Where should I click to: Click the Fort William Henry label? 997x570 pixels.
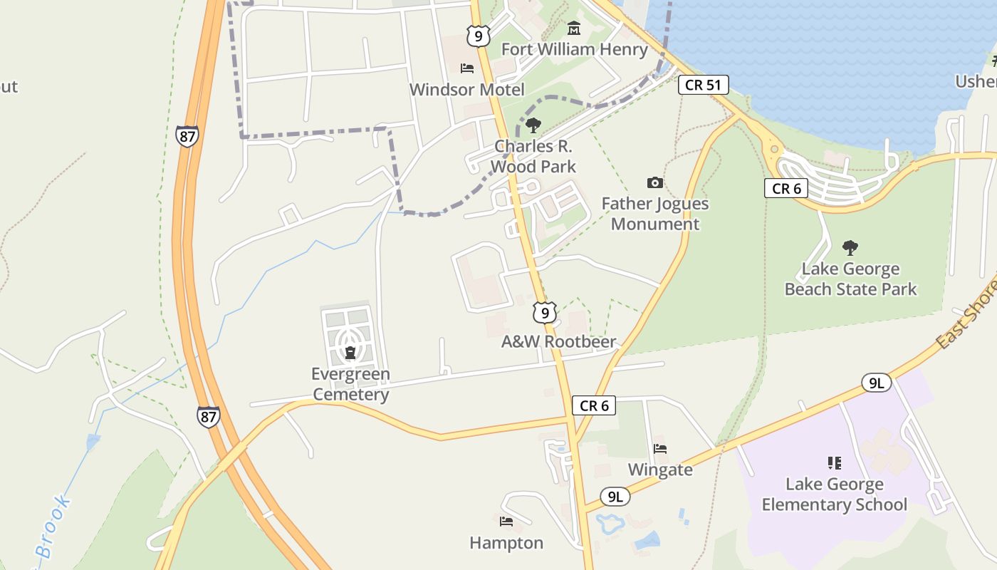point(574,49)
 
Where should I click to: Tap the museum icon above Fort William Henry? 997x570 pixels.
point(574,28)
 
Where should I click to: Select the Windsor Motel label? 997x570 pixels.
point(466,90)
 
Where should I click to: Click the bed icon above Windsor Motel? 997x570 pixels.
point(467,68)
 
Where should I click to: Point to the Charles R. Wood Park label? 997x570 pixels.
point(533,156)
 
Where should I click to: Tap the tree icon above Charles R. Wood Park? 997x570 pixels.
point(533,126)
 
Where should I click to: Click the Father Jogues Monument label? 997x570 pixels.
point(655,214)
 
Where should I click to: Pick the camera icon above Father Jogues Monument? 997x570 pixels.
point(655,183)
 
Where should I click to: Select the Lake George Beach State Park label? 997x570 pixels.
point(850,279)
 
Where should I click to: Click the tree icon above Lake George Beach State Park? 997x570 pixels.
point(850,248)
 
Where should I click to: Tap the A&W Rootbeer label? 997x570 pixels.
point(558,342)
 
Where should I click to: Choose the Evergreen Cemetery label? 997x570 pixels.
point(350,384)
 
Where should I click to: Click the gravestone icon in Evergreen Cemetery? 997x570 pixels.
point(350,352)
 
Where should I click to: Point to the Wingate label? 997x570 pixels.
point(660,470)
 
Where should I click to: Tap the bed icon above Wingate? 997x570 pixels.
point(660,449)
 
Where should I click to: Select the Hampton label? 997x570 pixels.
point(506,543)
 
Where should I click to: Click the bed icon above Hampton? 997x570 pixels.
point(506,522)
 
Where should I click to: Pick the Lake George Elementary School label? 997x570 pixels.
point(834,494)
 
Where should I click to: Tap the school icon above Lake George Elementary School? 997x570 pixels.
point(835,463)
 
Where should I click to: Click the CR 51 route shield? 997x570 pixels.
point(703,85)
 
